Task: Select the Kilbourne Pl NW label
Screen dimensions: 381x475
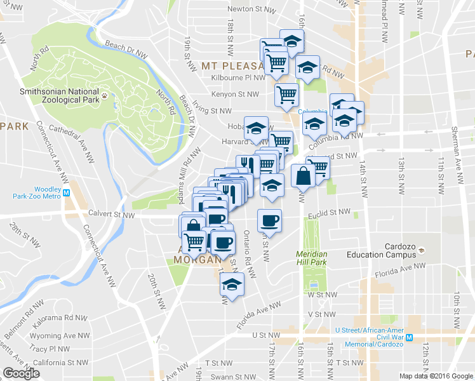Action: tap(237, 78)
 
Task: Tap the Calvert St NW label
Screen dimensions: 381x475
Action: tap(111, 215)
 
